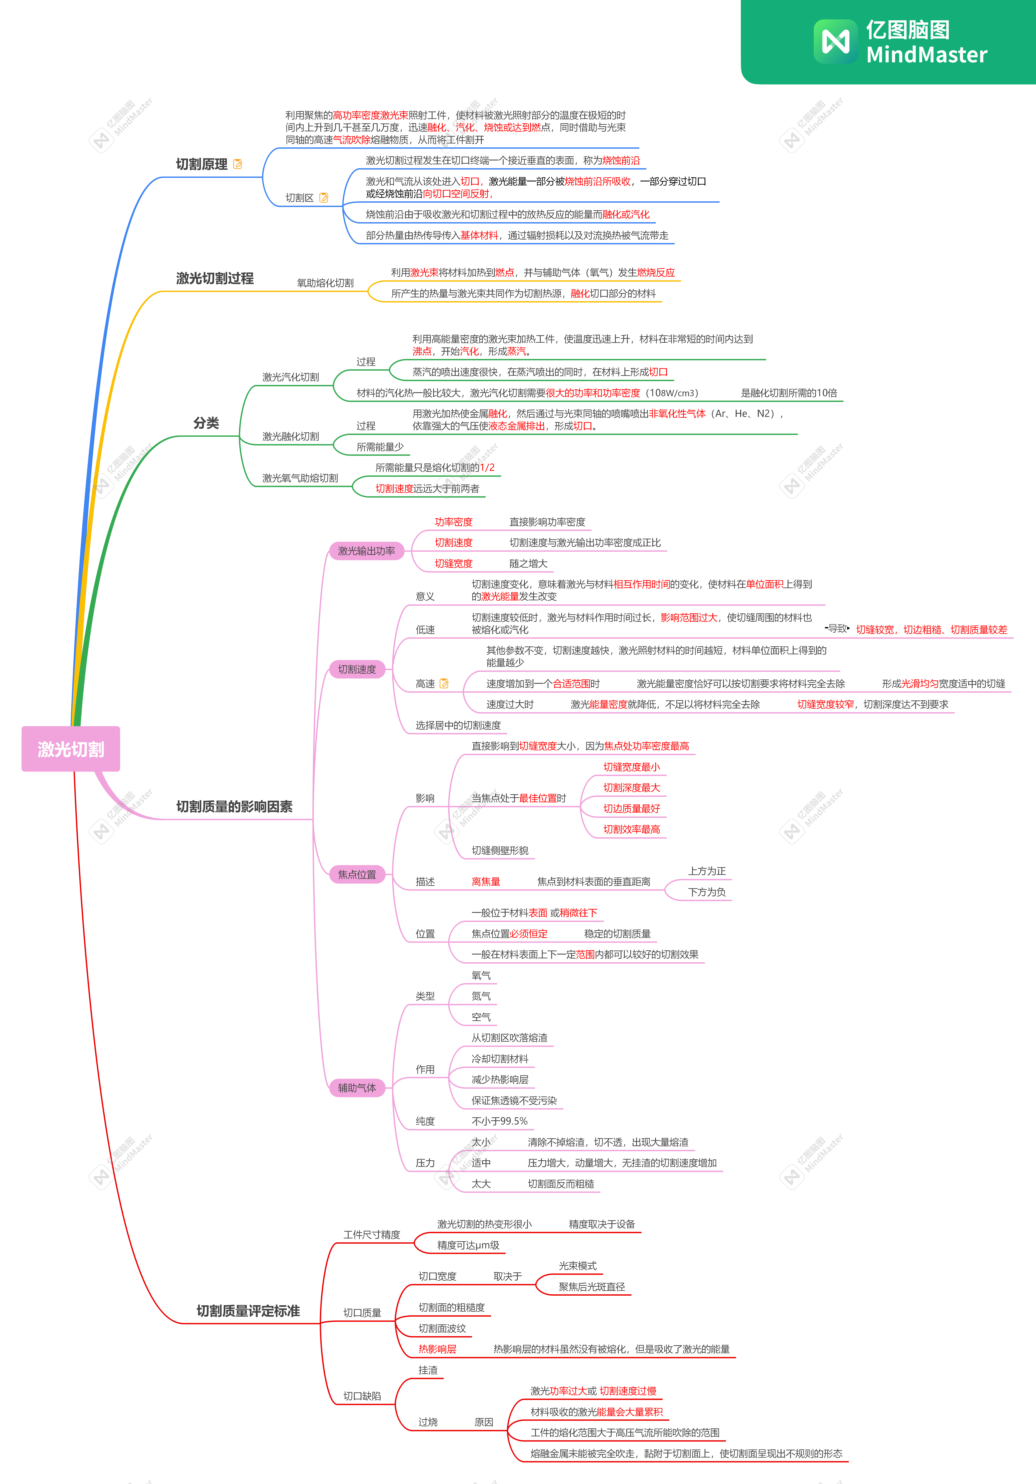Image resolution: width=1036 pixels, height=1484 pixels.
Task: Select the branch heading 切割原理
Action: [201, 164]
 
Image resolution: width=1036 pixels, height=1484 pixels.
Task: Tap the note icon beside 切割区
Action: [324, 198]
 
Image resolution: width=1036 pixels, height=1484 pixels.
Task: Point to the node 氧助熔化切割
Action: [325, 283]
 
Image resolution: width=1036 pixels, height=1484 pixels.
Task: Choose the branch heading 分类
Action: [206, 423]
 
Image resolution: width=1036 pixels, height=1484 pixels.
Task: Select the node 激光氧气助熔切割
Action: [300, 478]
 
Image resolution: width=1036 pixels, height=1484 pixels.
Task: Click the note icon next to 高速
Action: [444, 683]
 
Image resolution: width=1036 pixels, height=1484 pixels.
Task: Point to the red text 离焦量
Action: [486, 882]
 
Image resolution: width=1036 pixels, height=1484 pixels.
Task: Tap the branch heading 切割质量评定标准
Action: [248, 1311]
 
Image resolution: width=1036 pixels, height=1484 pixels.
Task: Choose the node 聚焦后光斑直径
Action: [592, 1287]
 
